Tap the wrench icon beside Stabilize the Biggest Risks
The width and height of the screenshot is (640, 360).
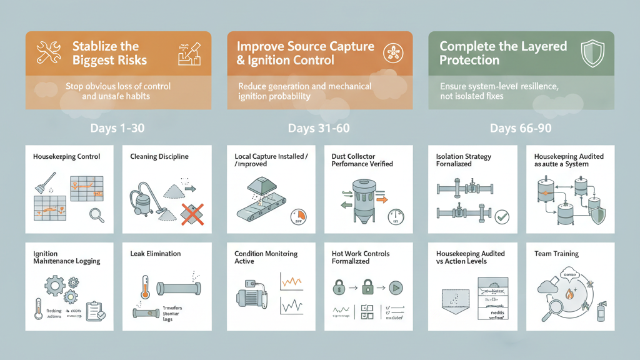pyautogui.click(x=48, y=54)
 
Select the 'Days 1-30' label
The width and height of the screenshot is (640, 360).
pyautogui.click(x=117, y=128)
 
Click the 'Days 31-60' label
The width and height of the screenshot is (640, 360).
pyautogui.click(x=319, y=128)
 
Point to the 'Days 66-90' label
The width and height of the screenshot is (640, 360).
pyautogui.click(x=521, y=128)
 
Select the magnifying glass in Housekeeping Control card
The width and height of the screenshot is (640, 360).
pyautogui.click(x=97, y=216)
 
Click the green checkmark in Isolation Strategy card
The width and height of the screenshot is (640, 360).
pyautogui.click(x=501, y=217)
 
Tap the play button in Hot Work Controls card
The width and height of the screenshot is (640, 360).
pyautogui.click(x=395, y=288)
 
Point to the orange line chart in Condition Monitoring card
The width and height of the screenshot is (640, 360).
pyautogui.click(x=291, y=282)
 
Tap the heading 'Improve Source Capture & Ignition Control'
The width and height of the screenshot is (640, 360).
pyautogui.click(x=305, y=54)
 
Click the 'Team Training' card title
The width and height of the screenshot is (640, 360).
pyautogui.click(x=556, y=254)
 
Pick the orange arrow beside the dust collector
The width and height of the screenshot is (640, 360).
pyautogui.click(x=381, y=200)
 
